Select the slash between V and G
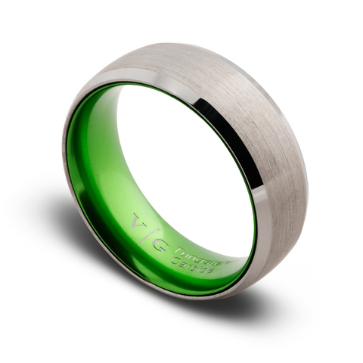click(x=149, y=234)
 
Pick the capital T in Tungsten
click(x=178, y=250)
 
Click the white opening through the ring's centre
click(x=181, y=166)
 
